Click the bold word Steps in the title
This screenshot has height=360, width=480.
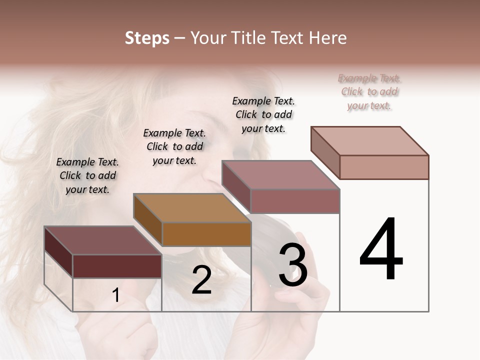pos(147,38)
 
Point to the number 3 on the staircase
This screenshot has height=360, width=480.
pos(292,264)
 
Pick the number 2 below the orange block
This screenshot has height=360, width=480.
pos(201,280)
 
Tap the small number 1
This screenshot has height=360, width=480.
pos(116,295)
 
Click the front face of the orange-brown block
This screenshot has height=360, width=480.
pos(206,234)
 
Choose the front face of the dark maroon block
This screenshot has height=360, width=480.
pos(117,266)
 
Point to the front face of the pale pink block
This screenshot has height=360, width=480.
pos(384,167)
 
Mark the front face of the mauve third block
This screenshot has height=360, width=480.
pos(295,201)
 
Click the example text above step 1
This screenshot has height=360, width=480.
pos(87,175)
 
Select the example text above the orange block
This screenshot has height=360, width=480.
pos(174,146)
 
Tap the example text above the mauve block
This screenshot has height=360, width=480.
pos(263,114)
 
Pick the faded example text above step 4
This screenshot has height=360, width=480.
pos(369,91)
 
